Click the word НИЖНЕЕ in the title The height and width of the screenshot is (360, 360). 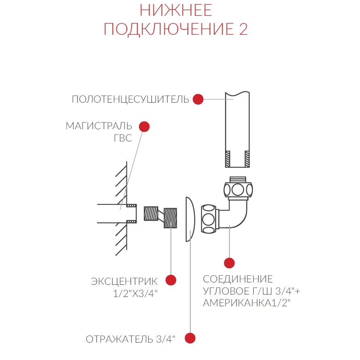[x=176, y=11]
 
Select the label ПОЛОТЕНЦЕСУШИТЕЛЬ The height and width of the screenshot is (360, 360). [x=130, y=99]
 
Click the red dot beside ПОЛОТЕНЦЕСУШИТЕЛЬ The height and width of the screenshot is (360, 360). [x=198, y=99]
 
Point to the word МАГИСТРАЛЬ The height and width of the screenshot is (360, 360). [x=99, y=126]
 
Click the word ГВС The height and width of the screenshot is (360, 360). [x=123, y=138]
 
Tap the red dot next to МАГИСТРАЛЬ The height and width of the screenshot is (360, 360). [x=144, y=126]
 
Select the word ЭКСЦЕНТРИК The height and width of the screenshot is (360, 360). [x=124, y=282]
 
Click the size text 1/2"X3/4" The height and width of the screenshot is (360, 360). [x=136, y=293]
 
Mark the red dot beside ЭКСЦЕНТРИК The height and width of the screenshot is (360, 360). [x=171, y=280]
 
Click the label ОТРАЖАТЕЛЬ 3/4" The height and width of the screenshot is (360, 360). [x=131, y=339]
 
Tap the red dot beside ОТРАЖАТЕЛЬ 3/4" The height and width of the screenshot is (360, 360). [x=190, y=338]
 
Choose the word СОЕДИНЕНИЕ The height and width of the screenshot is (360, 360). [x=238, y=279]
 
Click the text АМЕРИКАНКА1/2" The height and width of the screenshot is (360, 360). [x=247, y=303]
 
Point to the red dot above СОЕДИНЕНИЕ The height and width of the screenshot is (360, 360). [x=229, y=263]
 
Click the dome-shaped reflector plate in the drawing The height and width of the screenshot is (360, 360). [x=190, y=219]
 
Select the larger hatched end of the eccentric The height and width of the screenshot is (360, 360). [x=171, y=218]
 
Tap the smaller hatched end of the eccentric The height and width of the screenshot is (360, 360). [x=151, y=213]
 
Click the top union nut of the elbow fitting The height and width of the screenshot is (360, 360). [x=238, y=189]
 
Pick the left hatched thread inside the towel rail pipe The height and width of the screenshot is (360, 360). [x=228, y=159]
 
